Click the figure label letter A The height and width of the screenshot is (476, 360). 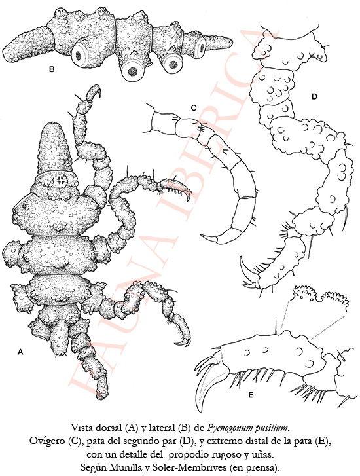[21, 352]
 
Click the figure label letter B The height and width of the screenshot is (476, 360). [52, 69]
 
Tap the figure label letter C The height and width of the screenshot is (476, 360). [194, 108]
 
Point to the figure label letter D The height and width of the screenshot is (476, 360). [314, 97]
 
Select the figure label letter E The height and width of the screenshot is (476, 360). [251, 395]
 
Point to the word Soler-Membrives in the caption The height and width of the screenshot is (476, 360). [185, 467]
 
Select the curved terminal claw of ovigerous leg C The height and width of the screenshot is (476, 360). [209, 240]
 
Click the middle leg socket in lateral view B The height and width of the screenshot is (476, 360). [132, 71]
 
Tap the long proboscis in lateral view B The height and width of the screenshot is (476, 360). [27, 43]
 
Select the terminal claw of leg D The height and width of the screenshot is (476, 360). [245, 268]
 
